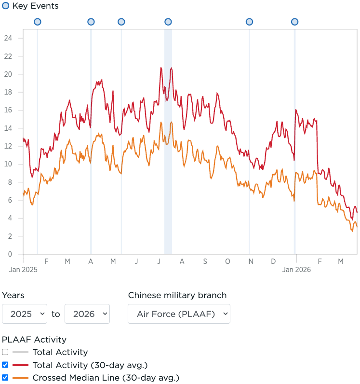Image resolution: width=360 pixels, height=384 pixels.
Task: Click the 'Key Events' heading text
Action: (x=35, y=6)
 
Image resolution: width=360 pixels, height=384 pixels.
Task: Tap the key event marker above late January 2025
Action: (x=38, y=22)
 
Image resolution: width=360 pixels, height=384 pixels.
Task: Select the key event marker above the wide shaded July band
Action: (x=168, y=22)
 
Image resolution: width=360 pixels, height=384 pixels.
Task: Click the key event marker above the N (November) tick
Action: (x=249, y=22)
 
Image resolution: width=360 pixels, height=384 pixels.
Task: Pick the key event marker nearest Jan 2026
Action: (x=294, y=22)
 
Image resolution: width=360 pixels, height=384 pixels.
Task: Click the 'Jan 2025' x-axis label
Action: (x=23, y=270)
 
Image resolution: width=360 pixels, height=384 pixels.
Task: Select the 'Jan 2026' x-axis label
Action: (x=296, y=270)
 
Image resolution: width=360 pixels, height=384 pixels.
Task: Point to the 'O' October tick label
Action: (x=227, y=261)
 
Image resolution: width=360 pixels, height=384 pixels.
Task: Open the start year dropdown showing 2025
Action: (x=25, y=314)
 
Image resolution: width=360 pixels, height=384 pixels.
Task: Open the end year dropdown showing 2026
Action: (x=87, y=314)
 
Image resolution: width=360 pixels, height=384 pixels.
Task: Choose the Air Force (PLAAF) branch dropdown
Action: (x=179, y=314)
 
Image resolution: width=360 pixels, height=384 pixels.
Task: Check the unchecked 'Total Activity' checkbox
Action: (x=5, y=352)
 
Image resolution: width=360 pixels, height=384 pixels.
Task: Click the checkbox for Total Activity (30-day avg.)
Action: (x=5, y=365)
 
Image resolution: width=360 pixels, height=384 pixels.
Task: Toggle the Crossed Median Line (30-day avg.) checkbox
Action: (x=5, y=378)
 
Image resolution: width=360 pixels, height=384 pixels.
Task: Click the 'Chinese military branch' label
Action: (x=177, y=295)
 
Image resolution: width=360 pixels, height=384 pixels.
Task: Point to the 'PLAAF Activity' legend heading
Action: (x=34, y=340)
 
